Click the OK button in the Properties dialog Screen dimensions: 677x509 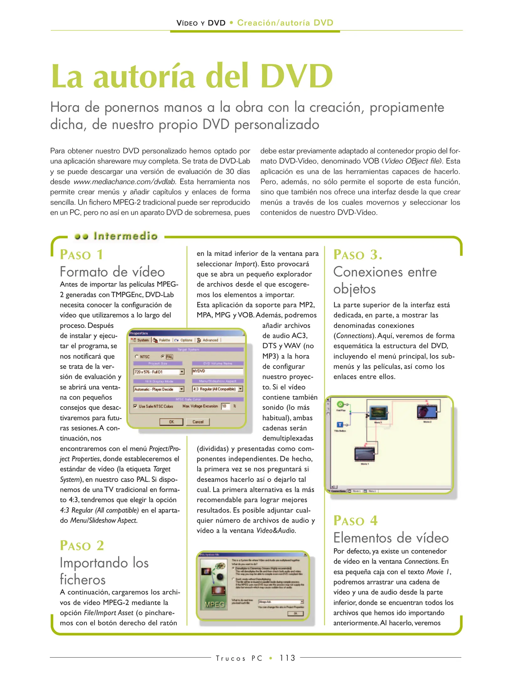click(x=171, y=422)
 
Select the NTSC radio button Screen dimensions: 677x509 click(x=137, y=357)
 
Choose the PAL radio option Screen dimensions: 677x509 click(x=163, y=357)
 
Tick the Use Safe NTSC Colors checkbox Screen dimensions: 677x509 click(x=135, y=406)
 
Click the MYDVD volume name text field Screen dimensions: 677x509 click(x=217, y=371)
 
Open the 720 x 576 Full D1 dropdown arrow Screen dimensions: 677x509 click(x=182, y=372)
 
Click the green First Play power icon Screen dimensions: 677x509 click(x=340, y=404)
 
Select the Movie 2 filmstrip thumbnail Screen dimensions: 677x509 click(x=427, y=412)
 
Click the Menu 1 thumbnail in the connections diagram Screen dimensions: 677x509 click(x=379, y=412)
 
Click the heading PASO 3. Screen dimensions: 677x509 click(x=358, y=255)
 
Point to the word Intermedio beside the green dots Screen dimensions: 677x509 click(x=125, y=236)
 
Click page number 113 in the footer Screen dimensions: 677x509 click(x=287, y=658)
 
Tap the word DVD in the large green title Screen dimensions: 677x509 click(x=296, y=76)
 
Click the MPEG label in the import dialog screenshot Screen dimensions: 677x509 click(x=215, y=604)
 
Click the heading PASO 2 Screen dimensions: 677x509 click(x=82, y=546)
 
